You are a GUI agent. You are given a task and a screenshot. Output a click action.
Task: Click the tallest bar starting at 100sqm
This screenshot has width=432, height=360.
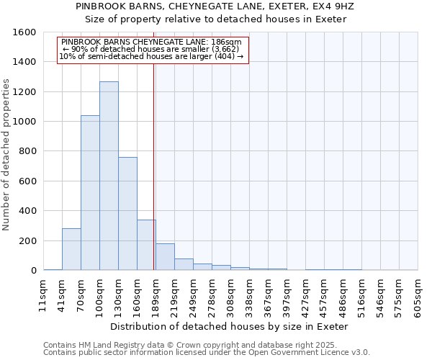click(x=109, y=176)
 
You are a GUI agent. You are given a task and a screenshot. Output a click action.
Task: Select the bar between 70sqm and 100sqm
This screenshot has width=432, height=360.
click(x=90, y=192)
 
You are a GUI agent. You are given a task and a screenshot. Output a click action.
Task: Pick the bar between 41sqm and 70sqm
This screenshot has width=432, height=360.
click(x=71, y=249)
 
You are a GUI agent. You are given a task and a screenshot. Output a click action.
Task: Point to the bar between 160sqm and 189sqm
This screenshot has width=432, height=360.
click(x=146, y=245)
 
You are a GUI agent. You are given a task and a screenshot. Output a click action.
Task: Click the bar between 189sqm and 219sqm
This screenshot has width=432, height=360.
click(x=165, y=257)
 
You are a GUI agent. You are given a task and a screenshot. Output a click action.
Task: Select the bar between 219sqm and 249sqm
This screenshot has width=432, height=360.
click(x=184, y=264)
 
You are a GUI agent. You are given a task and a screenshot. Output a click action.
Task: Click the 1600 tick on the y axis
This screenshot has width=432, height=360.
click(x=24, y=32)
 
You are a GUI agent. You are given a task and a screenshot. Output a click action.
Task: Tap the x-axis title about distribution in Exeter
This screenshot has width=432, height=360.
click(x=230, y=326)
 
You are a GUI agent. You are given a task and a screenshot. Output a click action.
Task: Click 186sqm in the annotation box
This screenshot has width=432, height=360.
click(x=231, y=42)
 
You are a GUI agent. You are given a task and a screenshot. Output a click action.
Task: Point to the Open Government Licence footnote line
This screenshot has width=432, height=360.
click(x=207, y=353)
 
